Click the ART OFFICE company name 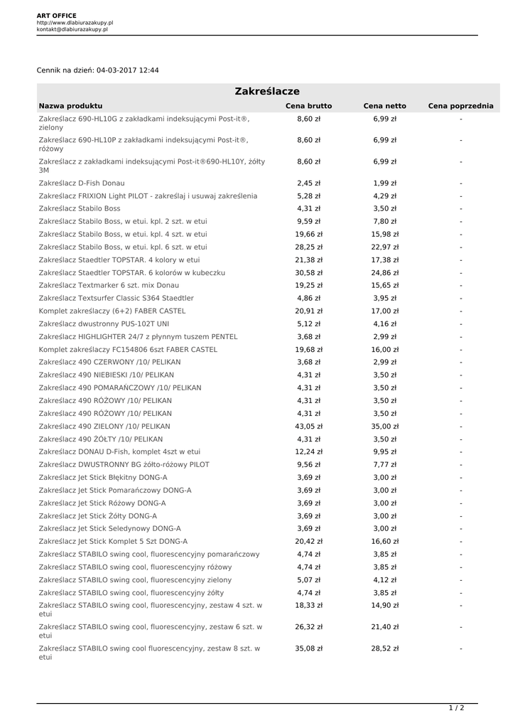tap(57, 16)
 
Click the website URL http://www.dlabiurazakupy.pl tap(75, 23)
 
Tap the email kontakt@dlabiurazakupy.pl tap(72, 30)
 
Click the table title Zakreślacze tap(267, 92)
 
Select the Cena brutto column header tap(308, 106)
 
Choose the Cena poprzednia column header tap(460, 106)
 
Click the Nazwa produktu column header tap(71, 106)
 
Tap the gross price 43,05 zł tap(308, 427)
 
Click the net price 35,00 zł tap(384, 427)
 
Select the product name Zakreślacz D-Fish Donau tap(82, 183)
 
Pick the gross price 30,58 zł tap(308, 273)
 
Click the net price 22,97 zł tap(384, 247)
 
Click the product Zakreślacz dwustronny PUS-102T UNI tap(107, 324)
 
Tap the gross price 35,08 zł tap(308, 649)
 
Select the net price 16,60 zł tap(384, 542)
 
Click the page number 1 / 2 tap(456, 708)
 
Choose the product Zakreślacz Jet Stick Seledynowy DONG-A tap(110, 529)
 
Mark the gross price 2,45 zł tap(308, 183)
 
